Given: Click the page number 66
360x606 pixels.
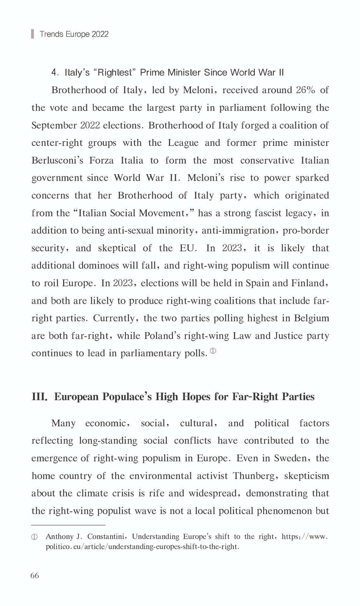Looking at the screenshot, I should [35, 575].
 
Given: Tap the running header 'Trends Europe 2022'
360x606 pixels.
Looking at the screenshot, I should [74, 34].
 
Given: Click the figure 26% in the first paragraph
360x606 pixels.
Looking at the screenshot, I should [305, 90].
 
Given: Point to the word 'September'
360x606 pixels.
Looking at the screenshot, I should [54, 126].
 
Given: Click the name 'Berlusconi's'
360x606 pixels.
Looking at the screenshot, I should [57, 161].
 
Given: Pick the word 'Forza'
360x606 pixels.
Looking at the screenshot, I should [101, 161].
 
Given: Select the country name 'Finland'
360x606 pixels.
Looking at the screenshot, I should [310, 283].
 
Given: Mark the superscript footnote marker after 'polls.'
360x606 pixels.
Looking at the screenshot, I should [213, 351].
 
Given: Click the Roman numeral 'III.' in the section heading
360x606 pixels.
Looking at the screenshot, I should [39, 397].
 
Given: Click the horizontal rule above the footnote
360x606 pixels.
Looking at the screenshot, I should [68, 525].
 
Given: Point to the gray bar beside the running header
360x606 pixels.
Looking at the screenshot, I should [32, 34].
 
